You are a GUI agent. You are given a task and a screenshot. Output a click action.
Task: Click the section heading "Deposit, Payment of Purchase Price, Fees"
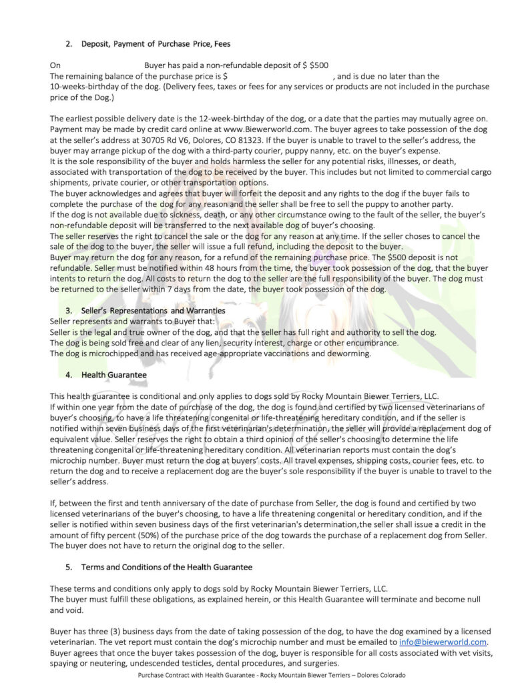(x=156, y=45)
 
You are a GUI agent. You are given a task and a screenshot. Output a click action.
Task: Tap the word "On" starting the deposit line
(x=55, y=65)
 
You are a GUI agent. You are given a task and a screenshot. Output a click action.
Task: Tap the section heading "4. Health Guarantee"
(x=107, y=375)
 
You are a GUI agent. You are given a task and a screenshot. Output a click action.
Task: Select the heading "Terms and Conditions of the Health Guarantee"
(x=167, y=567)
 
